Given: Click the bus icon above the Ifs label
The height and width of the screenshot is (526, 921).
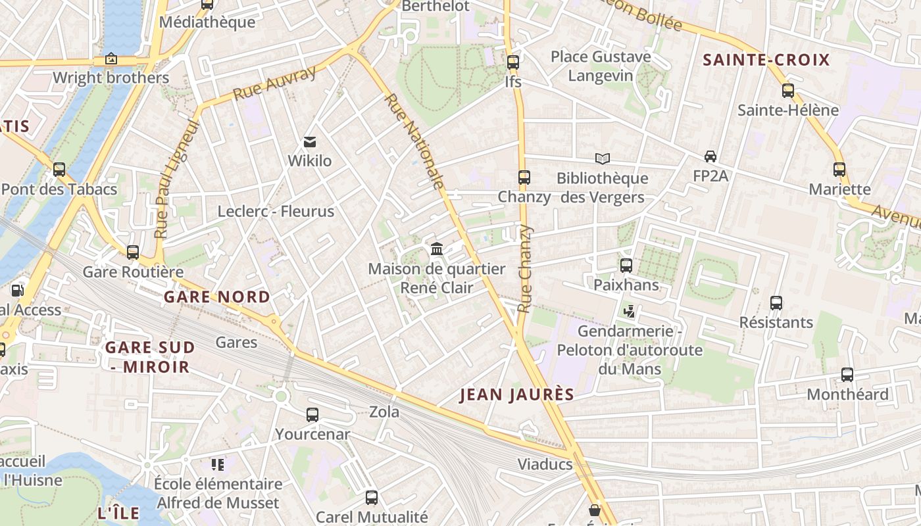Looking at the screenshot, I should click(512, 63).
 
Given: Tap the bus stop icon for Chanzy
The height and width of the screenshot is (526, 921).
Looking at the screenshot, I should click(524, 178).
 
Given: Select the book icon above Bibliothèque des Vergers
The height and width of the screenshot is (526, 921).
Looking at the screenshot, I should click(602, 158).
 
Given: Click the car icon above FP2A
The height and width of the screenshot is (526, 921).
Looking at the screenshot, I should click(710, 156).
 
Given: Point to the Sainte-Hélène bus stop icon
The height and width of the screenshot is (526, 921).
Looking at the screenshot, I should click(787, 91).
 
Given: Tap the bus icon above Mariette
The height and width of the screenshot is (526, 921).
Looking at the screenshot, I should click(839, 170).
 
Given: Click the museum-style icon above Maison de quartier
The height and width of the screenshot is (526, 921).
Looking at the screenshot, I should click(436, 249).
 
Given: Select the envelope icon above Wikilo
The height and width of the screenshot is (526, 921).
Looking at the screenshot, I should click(309, 141).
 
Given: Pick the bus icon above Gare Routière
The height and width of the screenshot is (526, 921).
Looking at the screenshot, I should click(133, 252).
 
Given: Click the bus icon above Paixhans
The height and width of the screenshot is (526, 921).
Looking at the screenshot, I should click(626, 266).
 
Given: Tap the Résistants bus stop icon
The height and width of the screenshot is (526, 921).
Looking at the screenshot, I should click(776, 303).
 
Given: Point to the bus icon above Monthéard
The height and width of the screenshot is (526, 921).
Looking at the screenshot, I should click(847, 375).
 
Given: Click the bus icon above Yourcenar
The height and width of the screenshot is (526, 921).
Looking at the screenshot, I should click(312, 415).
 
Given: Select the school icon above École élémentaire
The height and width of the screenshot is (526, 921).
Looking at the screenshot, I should click(218, 465).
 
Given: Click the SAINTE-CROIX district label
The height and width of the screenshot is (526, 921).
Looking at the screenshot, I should click(766, 60).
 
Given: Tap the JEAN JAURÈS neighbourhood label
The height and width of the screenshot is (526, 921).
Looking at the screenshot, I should click(516, 394).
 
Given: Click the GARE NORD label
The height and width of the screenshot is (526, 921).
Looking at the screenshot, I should click(216, 297).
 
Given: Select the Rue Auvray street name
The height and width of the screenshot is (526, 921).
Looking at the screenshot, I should click(275, 84).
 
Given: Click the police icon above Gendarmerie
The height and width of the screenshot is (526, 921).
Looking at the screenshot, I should click(629, 311).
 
